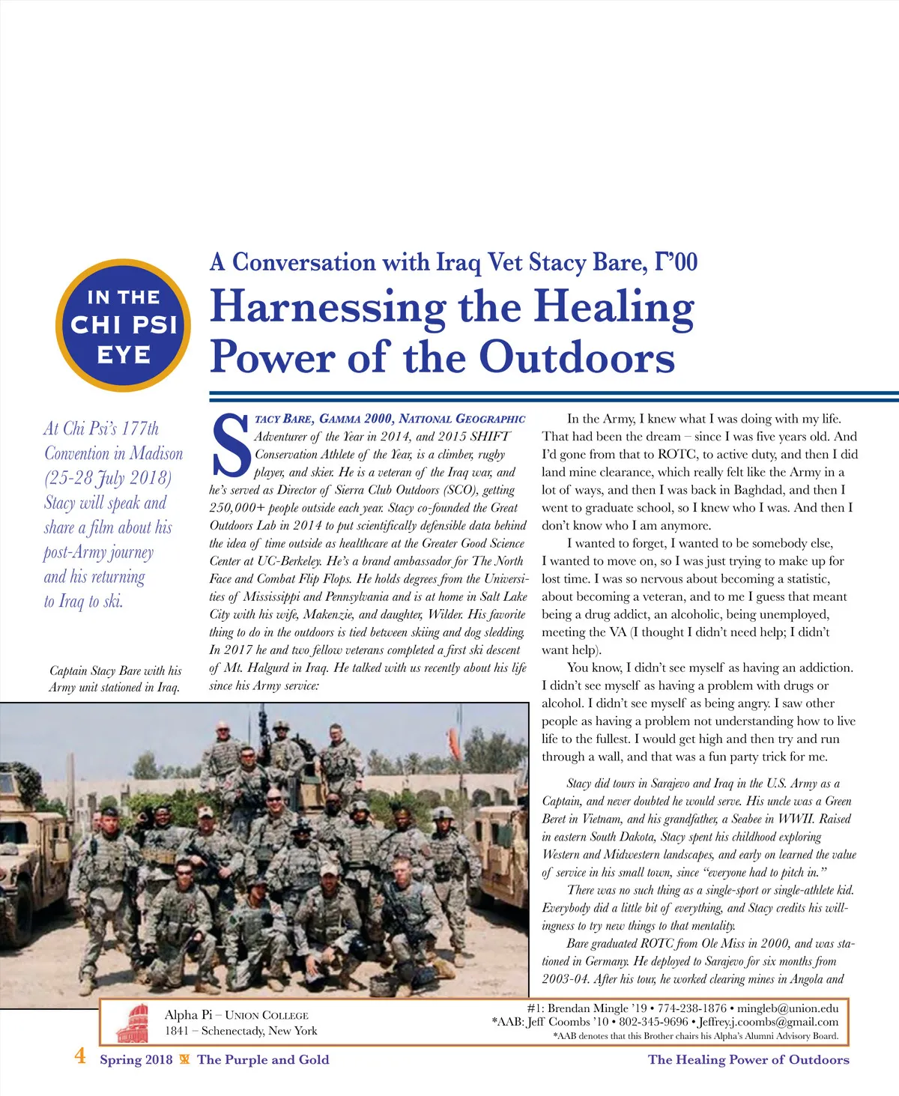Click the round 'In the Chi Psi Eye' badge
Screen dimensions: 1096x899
click(x=124, y=326)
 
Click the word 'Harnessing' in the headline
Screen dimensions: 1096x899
click(x=327, y=308)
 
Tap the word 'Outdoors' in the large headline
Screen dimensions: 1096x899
click(x=577, y=357)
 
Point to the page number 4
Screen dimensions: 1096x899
click(x=80, y=1057)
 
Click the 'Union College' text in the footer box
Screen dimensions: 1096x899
click(x=267, y=1016)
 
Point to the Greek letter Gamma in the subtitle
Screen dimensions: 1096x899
click(x=662, y=261)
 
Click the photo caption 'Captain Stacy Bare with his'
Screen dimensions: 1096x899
click(x=115, y=670)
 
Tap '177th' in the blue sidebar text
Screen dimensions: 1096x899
click(x=140, y=429)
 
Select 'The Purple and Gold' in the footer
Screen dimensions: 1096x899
click(x=263, y=1059)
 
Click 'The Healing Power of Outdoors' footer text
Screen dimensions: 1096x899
click(x=748, y=1059)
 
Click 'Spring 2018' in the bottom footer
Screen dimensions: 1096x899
click(x=136, y=1059)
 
